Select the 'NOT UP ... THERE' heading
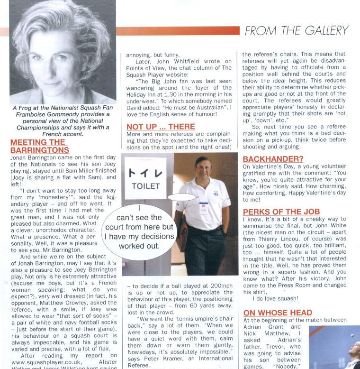click(x=161, y=127)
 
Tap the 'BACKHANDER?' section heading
click(x=273, y=159)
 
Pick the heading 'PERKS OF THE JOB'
click(x=281, y=212)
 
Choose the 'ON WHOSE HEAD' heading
click(x=278, y=313)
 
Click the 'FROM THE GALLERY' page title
click(x=297, y=31)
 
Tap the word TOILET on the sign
click(x=145, y=186)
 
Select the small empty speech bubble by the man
click(x=182, y=196)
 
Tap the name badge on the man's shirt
click(x=204, y=208)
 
